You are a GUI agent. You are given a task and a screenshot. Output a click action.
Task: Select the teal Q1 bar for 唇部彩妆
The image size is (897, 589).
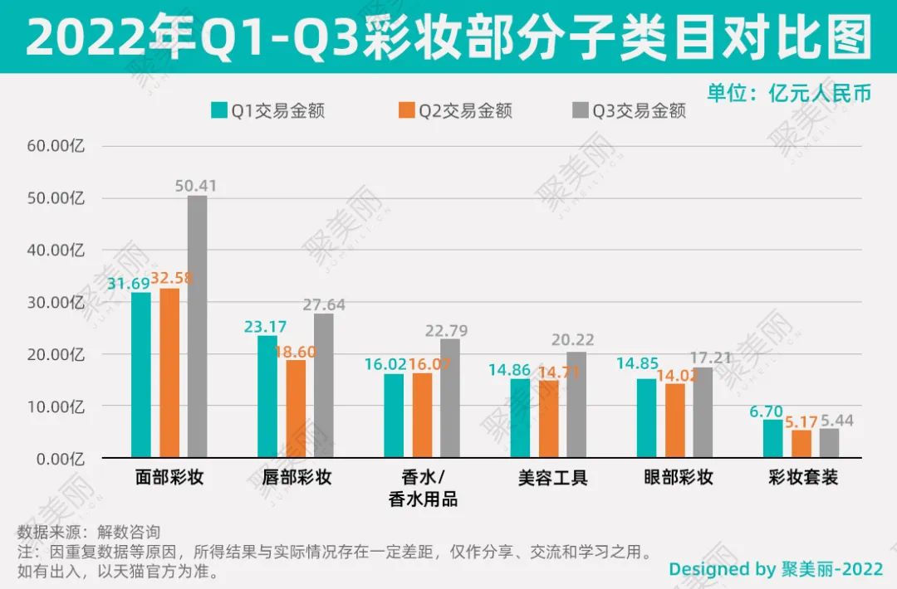pos(267,397)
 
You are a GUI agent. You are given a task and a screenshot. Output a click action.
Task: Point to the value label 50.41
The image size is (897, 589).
pos(196,186)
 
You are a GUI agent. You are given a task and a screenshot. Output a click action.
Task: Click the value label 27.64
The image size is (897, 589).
pos(324,304)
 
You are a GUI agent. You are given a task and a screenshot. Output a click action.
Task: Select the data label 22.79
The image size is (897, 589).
pos(449,330)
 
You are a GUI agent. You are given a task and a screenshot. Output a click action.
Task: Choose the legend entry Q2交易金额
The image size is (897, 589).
pos(454,110)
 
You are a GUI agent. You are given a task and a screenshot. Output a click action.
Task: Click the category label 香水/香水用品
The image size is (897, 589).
pos(423,489)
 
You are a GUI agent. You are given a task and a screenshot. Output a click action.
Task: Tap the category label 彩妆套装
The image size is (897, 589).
pos(802,478)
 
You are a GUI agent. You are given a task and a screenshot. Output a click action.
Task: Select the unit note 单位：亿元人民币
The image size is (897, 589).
pos(789,92)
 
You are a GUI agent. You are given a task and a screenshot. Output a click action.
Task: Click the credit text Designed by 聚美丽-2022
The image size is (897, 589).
pos(776,569)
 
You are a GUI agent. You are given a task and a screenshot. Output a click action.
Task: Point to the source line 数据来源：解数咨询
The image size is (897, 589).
pos(89,532)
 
